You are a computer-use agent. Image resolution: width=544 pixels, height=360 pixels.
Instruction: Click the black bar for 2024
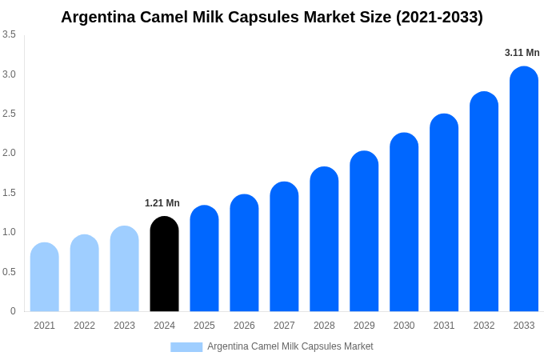coord(164,264)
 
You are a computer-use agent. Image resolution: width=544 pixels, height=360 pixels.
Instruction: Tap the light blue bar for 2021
coord(45,277)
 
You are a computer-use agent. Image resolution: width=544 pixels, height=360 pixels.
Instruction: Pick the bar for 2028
coord(324,239)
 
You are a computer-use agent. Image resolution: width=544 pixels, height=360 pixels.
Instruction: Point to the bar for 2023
coord(124,269)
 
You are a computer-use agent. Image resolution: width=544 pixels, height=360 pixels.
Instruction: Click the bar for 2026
coord(244,253)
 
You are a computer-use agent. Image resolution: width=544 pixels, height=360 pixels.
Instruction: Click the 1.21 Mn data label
coord(162,203)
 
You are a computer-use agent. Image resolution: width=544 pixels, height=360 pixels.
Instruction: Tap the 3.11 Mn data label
coord(522,53)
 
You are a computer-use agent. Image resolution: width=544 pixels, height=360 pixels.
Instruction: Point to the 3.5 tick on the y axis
coord(9,34)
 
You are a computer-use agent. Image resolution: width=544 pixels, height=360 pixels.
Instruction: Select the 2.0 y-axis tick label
coord(9,153)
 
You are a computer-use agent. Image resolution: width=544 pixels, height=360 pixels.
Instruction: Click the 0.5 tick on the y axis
coord(9,272)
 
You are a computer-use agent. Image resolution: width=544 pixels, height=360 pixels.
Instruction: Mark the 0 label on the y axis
coord(13,311)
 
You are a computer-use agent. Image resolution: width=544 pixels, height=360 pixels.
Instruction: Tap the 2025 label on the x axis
coord(204,326)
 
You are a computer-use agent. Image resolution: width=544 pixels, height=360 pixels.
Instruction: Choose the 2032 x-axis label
coord(484,326)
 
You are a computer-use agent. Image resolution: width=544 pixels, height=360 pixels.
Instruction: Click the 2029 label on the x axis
coord(364,326)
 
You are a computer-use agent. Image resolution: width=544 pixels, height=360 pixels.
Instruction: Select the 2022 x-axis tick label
coord(84,326)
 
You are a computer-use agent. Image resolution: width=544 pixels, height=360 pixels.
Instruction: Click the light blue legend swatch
coord(186,347)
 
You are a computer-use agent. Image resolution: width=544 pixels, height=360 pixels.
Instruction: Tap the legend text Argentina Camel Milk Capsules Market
coord(290,346)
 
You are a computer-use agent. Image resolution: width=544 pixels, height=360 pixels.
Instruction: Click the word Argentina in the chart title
coord(99,17)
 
